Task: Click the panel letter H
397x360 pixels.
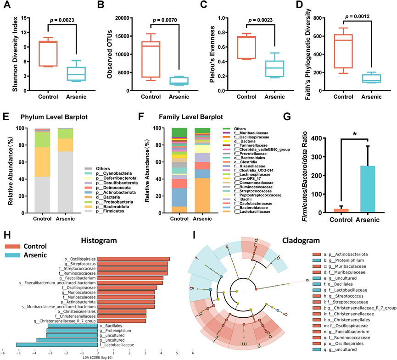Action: coord(6,235)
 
